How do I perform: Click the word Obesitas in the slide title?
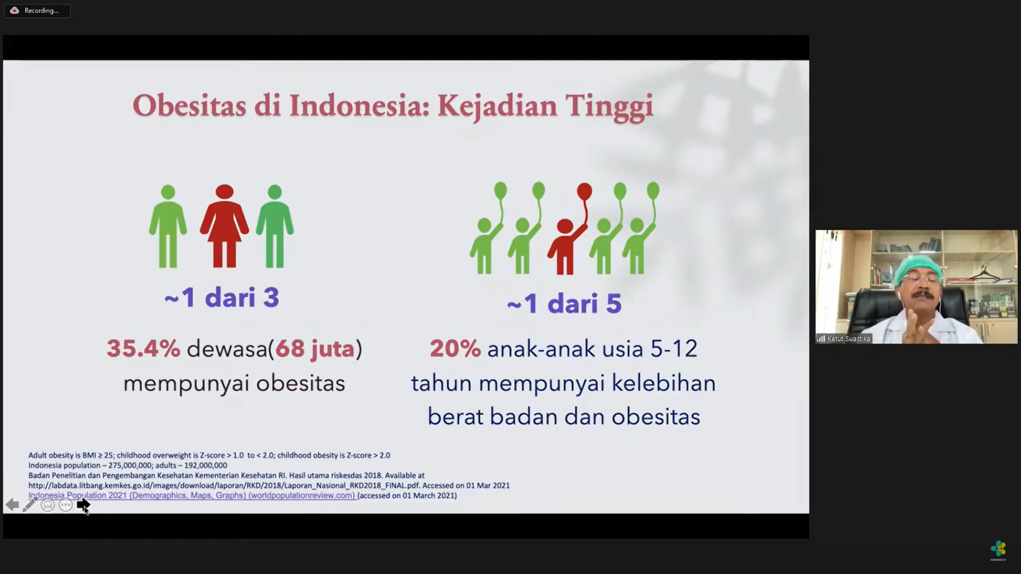coord(189,106)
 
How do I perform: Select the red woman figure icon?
coord(224,226)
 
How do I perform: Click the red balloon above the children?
coord(584,191)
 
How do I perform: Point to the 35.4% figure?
coord(144,349)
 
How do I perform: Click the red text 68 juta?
coord(315,349)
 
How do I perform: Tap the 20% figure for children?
coord(455,349)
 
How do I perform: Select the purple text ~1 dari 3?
coord(222,297)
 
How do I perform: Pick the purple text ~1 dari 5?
coord(564,303)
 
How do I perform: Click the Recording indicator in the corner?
coord(37,11)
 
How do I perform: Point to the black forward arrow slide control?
coord(83,505)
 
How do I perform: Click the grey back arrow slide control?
coord(12,505)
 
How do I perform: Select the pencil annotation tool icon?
coord(29,504)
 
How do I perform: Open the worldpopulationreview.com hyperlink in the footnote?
coord(192,495)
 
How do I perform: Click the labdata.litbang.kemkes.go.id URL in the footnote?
coord(224,485)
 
